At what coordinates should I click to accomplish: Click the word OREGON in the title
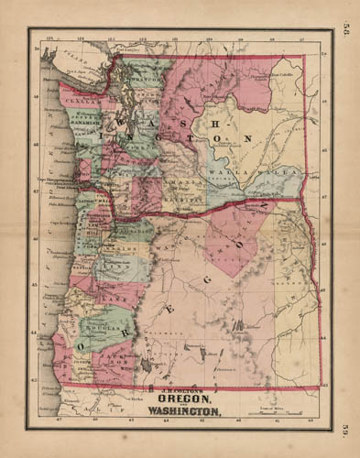(182, 399)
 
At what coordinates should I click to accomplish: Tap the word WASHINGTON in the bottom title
(181, 411)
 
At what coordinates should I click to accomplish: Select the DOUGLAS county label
(99, 323)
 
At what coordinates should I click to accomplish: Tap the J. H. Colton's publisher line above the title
(181, 390)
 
